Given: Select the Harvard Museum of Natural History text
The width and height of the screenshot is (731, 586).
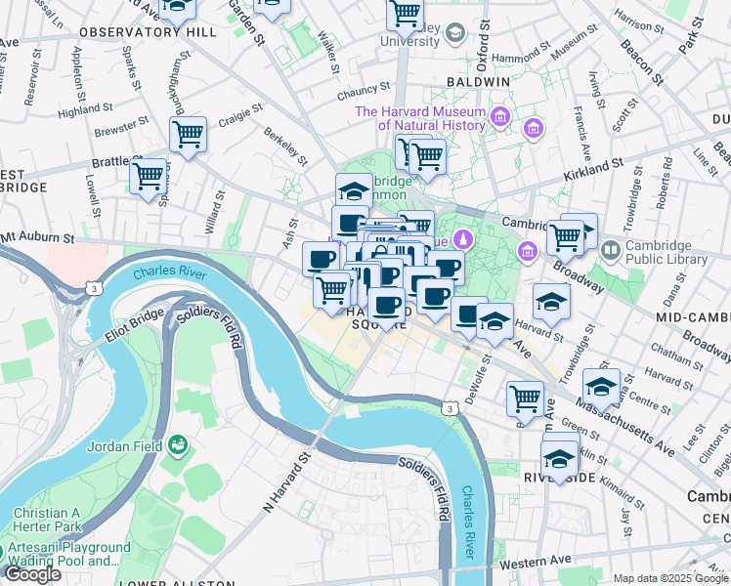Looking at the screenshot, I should coord(420,118).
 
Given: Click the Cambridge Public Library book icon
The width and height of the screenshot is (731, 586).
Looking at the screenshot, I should coord(612,251).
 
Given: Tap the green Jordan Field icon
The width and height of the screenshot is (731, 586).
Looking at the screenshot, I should coord(178,446).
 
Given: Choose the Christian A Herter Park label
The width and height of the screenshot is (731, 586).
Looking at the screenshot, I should coord(47,521).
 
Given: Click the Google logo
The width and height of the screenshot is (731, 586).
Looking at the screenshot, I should coord(33,574).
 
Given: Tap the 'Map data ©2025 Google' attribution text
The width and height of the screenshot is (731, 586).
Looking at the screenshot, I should coord(670,578).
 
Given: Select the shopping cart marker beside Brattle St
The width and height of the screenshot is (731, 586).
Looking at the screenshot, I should coord(148,177).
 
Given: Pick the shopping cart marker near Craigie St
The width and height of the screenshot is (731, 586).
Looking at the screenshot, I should coord(188,133).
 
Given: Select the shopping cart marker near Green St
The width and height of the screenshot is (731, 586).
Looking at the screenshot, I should coord(525,398).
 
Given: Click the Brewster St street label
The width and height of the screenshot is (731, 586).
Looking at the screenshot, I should coord(121,128).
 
